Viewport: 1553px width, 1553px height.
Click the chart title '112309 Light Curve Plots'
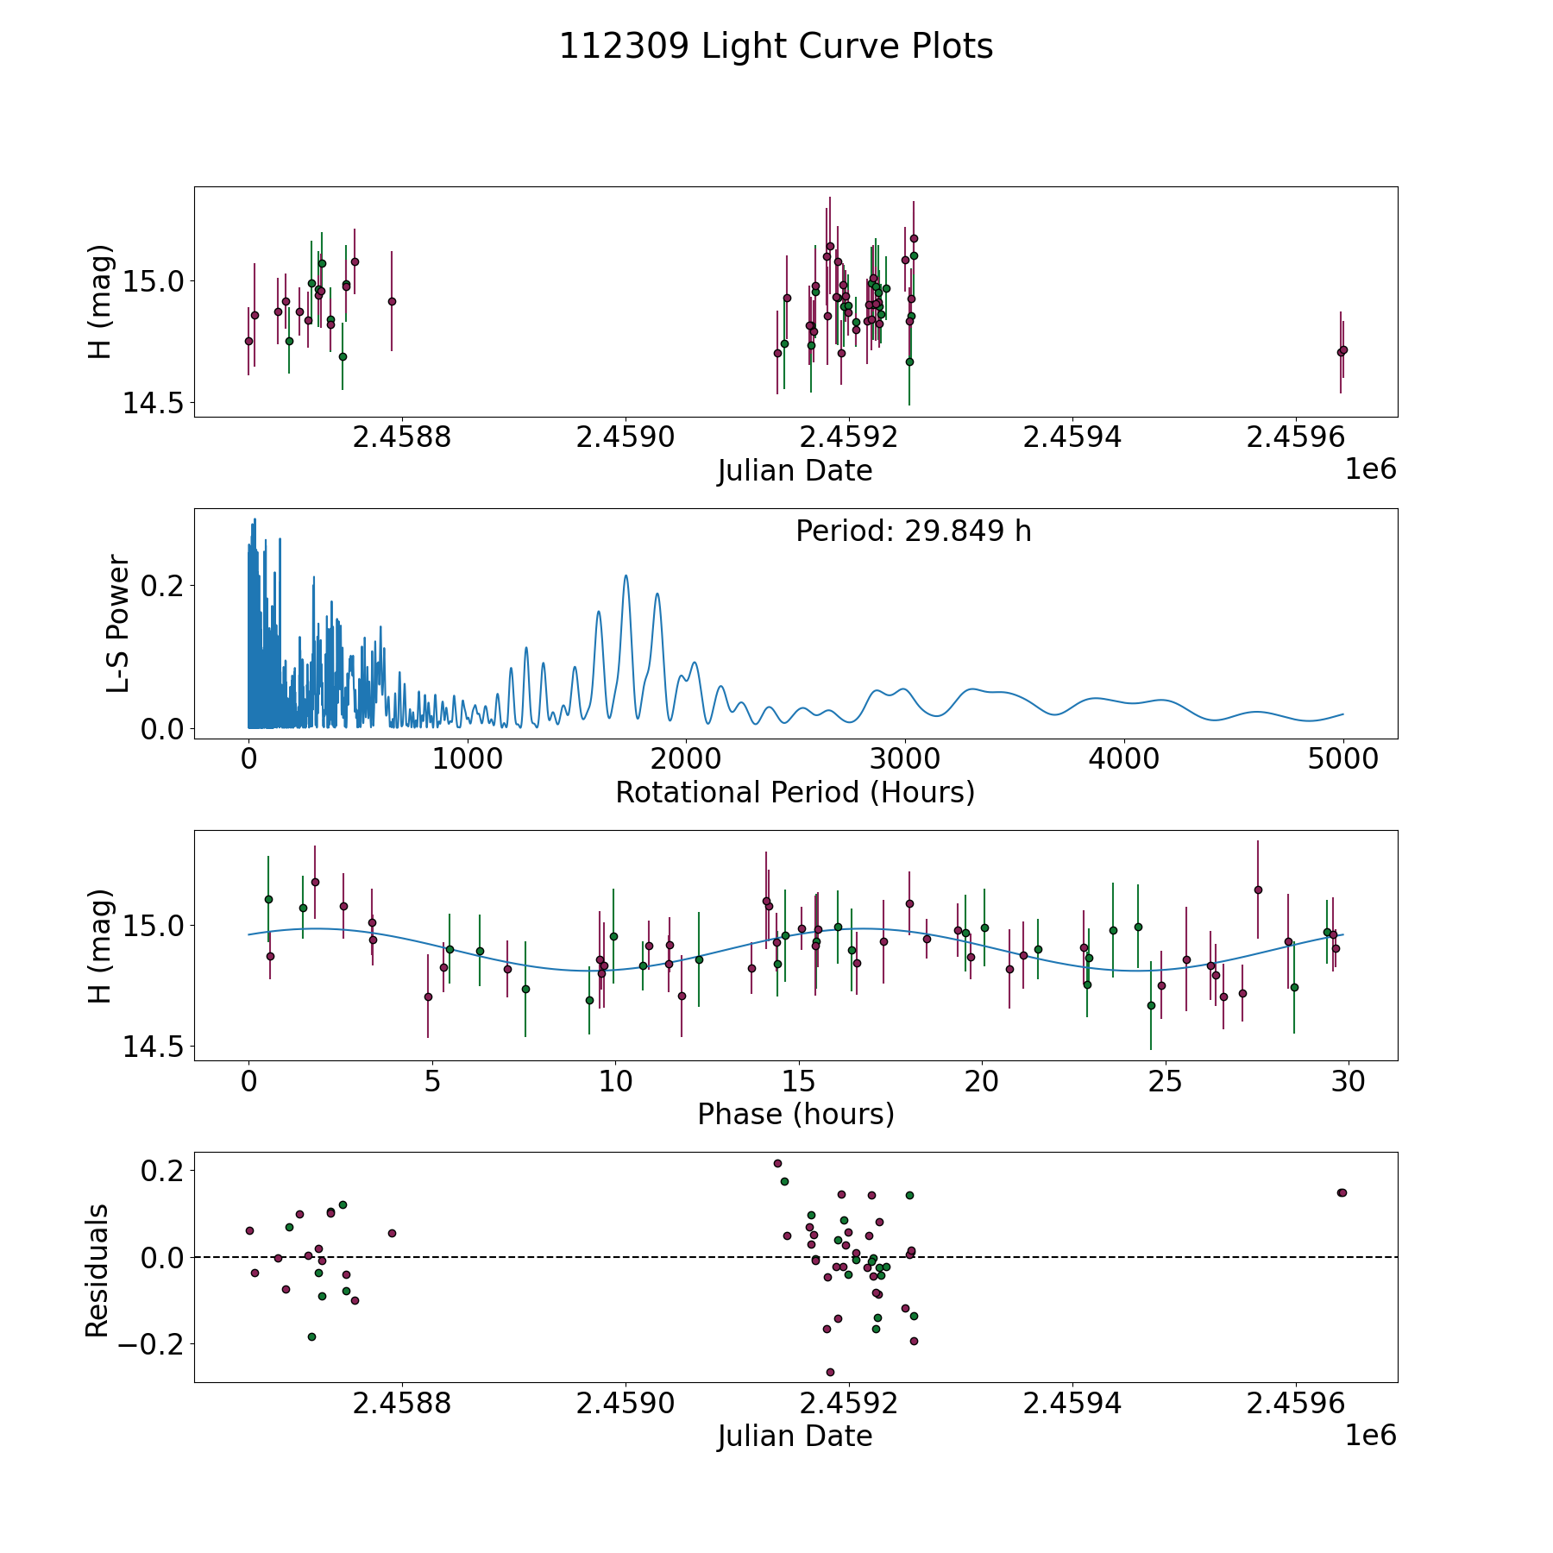776,47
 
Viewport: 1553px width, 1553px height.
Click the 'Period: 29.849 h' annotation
913,531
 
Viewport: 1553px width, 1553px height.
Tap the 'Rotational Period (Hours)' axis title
795,792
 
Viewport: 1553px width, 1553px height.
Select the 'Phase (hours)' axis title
795,1114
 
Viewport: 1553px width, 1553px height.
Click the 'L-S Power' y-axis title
118,624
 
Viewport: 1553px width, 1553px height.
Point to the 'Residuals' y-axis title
97,1270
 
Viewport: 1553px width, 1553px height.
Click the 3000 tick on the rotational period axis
905,759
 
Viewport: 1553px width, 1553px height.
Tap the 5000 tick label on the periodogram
1342,759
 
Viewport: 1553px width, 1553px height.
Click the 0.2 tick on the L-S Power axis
163,585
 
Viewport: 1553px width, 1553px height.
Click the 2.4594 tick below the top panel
1072,437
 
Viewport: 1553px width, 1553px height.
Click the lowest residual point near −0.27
830,1372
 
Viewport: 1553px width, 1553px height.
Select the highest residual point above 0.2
777,1163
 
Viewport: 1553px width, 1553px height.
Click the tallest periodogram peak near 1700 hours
626,576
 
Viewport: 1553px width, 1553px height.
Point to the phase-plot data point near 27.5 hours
1258,890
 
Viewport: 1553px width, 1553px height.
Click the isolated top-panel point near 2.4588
392,301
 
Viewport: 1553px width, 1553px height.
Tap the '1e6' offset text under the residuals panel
1370,1435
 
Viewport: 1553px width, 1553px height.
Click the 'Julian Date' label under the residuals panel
795,1437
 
